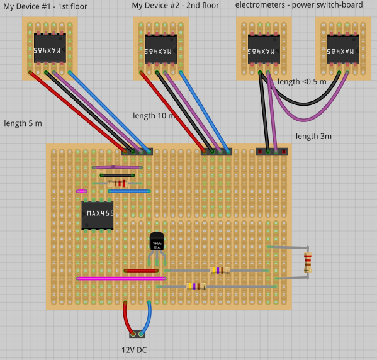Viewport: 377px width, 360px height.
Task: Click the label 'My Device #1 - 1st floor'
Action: tap(46, 6)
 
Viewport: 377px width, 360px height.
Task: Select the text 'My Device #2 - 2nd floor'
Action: tap(176, 6)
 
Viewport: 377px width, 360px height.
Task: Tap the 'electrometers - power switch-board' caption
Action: tap(299, 5)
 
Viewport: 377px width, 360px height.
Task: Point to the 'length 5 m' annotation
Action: tap(23, 123)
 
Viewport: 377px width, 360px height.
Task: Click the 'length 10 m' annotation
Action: tap(154, 116)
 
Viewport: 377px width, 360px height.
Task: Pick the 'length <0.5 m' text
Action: tap(302, 82)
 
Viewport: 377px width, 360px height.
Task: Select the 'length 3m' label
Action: tap(313, 136)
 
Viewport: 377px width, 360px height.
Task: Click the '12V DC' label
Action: tap(134, 350)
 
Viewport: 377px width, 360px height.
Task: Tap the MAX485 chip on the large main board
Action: tap(98, 215)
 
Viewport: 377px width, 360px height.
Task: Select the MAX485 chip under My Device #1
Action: tap(50, 48)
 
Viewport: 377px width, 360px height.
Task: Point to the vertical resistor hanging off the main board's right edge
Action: tap(307, 262)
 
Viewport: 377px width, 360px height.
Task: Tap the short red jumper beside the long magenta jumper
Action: tap(141, 271)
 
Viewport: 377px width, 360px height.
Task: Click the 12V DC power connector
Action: tap(137, 334)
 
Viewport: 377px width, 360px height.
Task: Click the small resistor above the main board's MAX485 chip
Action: tap(117, 183)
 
